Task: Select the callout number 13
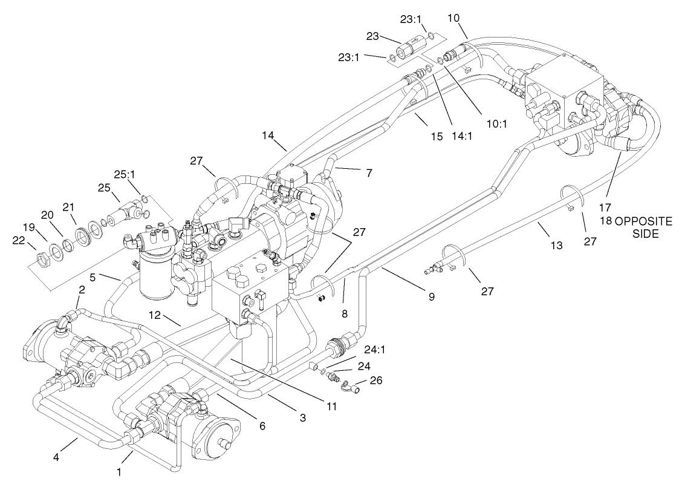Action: pyautogui.click(x=556, y=246)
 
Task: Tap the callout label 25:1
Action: pyautogui.click(x=129, y=174)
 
